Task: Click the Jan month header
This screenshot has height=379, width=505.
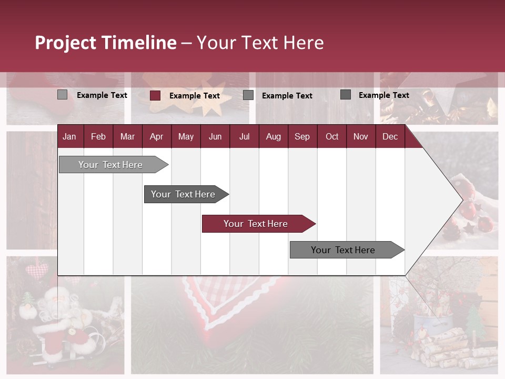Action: coord(69,136)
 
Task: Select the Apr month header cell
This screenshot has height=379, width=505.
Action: coord(156,136)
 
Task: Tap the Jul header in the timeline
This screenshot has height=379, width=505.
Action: coord(244,136)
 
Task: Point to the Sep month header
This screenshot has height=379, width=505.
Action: coord(302,136)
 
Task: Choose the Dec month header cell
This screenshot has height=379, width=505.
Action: coord(390,136)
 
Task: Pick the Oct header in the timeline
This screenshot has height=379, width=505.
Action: coord(332,136)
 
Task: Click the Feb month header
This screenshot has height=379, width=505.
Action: coord(98,136)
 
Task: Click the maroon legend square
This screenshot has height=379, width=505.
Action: coord(155,95)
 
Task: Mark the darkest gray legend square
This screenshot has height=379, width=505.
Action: coord(346,95)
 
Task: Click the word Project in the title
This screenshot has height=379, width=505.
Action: coord(66,43)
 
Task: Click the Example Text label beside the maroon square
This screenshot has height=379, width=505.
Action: coord(194,96)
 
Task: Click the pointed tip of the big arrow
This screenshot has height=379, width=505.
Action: coord(461,200)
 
